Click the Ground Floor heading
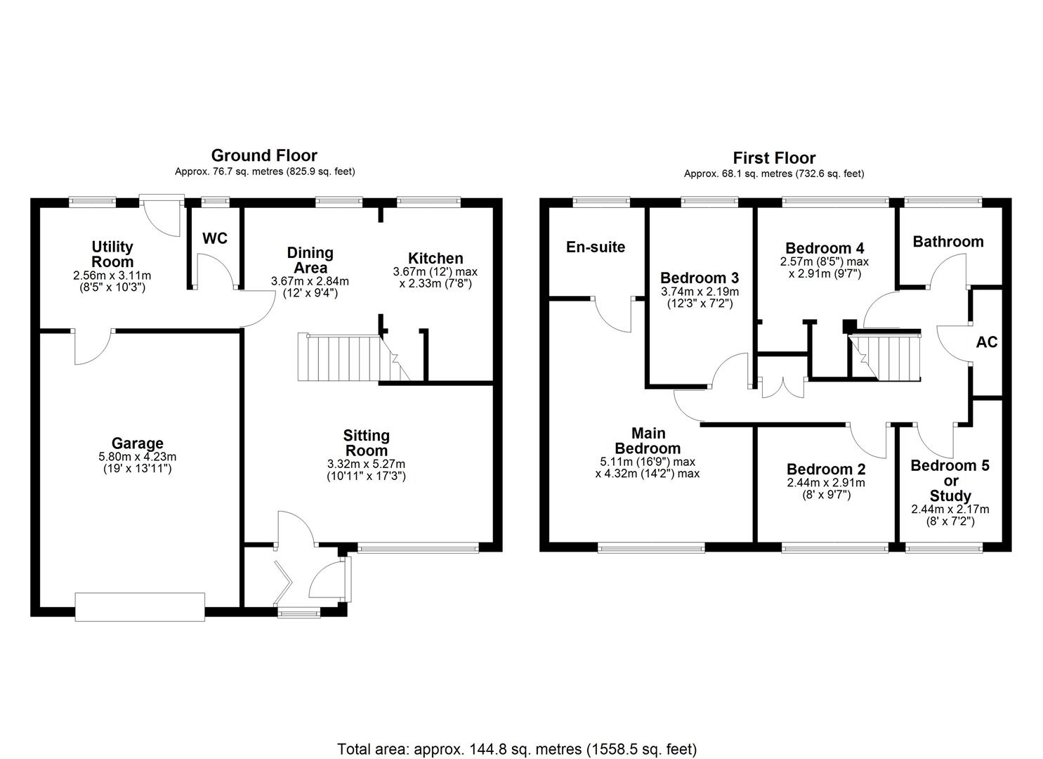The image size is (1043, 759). click(x=264, y=155)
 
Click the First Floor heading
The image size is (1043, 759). click(x=774, y=157)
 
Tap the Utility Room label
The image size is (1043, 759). click(x=112, y=254)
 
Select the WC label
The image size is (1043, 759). click(x=215, y=238)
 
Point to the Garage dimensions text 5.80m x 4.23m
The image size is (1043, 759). click(x=137, y=456)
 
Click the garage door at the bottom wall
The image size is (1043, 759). click(x=140, y=606)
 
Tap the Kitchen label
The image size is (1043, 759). click(x=435, y=258)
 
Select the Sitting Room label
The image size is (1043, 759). click(x=367, y=443)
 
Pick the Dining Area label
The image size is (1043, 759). click(x=310, y=260)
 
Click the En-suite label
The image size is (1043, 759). click(x=596, y=247)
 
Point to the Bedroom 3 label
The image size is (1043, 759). click(x=699, y=278)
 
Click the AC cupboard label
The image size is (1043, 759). click(x=987, y=342)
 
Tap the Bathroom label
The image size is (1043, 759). click(x=947, y=241)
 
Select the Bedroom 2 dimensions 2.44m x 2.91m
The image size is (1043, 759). click(x=826, y=483)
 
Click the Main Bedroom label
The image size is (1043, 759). click(x=648, y=441)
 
